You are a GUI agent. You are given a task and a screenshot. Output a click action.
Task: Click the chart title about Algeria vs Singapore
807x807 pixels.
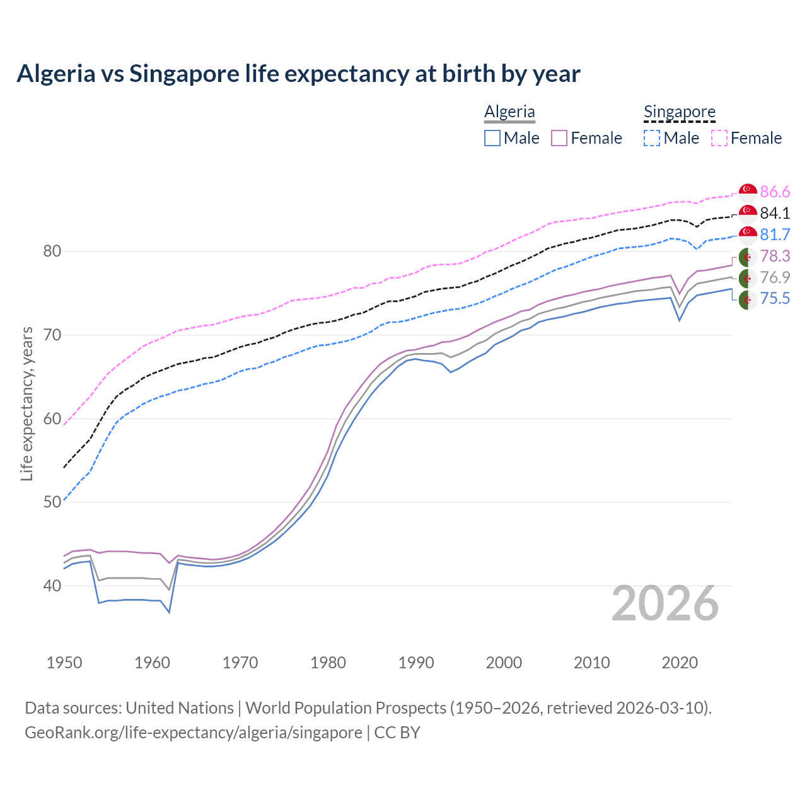pos(298,74)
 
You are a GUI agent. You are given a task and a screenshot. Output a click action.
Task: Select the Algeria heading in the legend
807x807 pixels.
pos(509,112)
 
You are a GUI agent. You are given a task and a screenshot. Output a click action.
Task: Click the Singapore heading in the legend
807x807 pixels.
pos(679,112)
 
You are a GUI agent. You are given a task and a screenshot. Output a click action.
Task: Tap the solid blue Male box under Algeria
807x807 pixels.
pos(492,138)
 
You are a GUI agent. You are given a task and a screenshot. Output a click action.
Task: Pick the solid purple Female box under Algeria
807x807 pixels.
pos(559,138)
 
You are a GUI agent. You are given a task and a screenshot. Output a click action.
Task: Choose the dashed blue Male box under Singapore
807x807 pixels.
pos(652,138)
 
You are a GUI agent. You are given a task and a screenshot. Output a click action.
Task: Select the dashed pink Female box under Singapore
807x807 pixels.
pos(719,138)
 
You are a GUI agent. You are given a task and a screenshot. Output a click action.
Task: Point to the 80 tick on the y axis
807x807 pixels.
pos(52,251)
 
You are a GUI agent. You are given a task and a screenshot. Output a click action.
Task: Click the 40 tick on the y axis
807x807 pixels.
pos(52,586)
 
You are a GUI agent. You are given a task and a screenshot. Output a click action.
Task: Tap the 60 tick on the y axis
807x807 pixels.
pos(52,419)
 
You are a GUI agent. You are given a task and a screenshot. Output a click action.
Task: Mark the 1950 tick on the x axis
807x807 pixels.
pos(64,663)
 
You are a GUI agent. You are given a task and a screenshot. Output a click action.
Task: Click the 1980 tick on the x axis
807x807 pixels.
pos(328,663)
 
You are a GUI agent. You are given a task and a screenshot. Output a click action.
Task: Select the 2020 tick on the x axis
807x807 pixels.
pos(680,663)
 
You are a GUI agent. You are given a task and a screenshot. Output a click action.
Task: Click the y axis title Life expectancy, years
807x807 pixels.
pos(26,403)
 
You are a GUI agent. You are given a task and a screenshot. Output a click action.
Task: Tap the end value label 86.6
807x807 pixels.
pos(775,192)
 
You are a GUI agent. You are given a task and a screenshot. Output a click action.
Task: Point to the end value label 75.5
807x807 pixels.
pos(775,298)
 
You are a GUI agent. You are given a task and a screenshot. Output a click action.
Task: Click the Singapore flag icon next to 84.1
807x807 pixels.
pos(748,213)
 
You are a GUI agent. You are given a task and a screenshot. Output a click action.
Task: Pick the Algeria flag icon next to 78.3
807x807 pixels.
pos(748,257)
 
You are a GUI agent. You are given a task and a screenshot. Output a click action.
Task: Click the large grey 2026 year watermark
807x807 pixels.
pos(665,603)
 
